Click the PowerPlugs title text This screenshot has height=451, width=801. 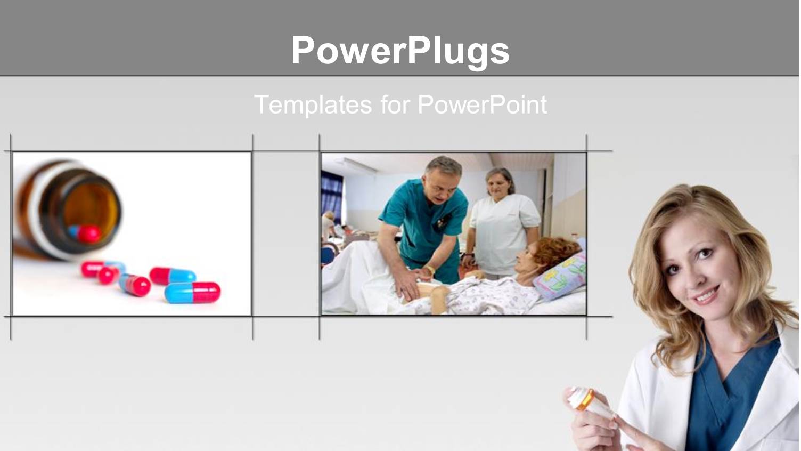[400, 51]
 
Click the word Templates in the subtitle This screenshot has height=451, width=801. [313, 105]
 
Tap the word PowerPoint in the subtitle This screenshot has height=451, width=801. [482, 105]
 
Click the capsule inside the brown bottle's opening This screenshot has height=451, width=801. [85, 233]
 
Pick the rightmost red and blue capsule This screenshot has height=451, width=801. [193, 293]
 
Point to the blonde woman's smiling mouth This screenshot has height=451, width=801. [707, 295]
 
